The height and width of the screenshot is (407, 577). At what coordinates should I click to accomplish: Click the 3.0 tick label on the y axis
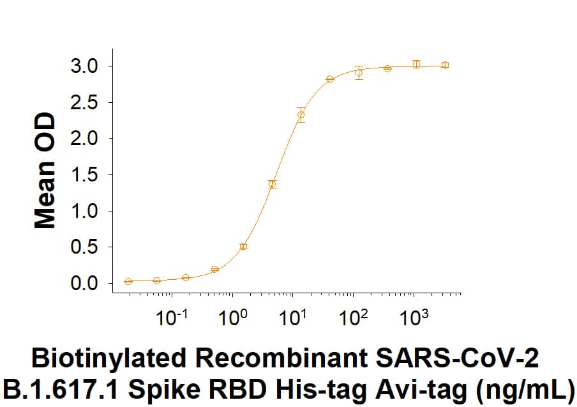pos(84,66)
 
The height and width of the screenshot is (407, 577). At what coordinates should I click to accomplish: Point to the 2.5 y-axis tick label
pos(84,102)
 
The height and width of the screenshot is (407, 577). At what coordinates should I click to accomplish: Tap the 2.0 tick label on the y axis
pos(84,139)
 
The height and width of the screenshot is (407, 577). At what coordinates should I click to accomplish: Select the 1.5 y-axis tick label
pos(84,175)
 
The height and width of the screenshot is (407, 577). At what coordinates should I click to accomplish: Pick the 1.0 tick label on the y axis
pos(84,211)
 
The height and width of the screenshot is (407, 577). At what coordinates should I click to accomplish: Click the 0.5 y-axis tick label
pos(84,247)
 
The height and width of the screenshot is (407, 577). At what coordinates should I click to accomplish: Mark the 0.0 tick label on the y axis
pos(84,283)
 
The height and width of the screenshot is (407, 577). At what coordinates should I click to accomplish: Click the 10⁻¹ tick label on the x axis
pos(170,317)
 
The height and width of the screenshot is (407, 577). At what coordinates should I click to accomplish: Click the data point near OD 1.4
pos(273,184)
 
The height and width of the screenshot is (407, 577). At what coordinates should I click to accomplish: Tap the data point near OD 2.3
pos(301,115)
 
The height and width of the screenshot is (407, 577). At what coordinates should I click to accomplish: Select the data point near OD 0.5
pos(243,247)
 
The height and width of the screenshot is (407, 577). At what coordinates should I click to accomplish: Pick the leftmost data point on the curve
pos(128,281)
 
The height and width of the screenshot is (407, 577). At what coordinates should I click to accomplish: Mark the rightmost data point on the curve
pos(446,65)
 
